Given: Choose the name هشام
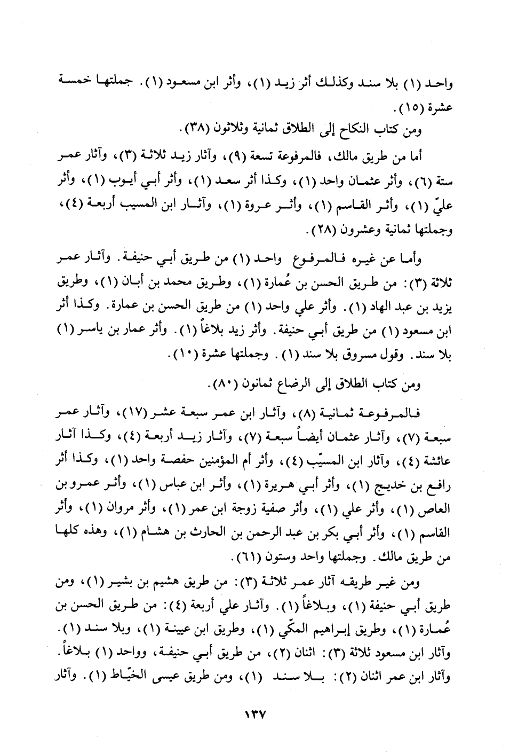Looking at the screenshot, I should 136,534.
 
